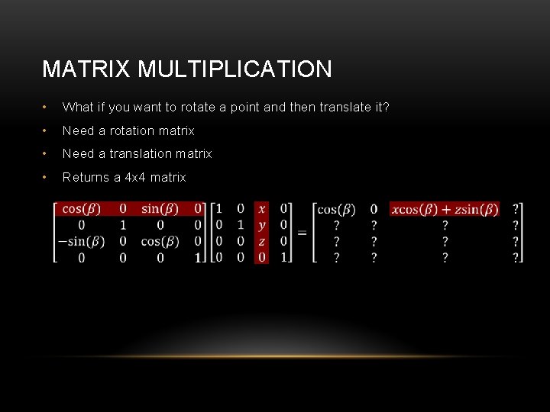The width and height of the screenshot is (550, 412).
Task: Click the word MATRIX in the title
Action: (86, 69)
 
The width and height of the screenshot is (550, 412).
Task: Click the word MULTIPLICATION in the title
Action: (235, 69)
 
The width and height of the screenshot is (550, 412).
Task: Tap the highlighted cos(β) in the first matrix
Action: (82, 208)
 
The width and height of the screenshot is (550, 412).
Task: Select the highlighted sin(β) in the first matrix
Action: (160, 208)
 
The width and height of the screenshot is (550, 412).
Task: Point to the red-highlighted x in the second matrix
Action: (263, 208)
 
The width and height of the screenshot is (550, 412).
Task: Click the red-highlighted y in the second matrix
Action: (263, 225)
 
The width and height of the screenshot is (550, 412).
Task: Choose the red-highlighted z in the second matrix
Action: (263, 241)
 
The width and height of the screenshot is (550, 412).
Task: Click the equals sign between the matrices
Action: (302, 233)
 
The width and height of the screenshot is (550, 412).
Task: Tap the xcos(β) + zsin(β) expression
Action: (445, 209)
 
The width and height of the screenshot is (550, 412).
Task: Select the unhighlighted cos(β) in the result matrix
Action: (336, 209)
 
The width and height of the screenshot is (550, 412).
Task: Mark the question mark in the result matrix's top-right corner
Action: (516, 209)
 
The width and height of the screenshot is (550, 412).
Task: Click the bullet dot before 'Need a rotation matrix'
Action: (47, 130)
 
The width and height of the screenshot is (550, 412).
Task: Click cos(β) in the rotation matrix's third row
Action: (160, 241)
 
